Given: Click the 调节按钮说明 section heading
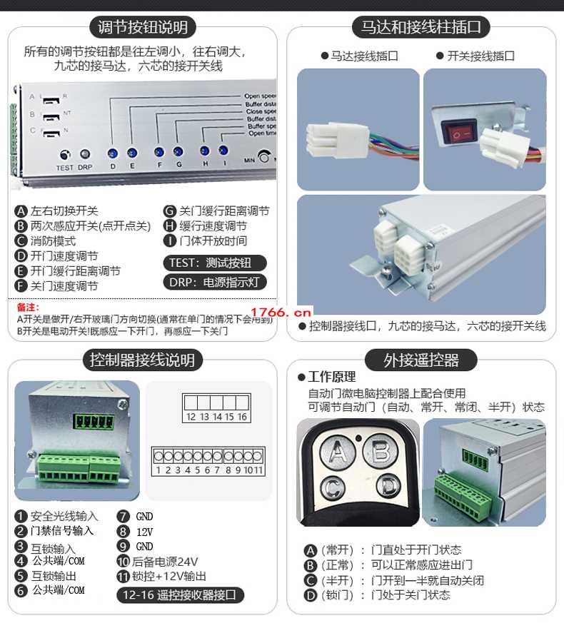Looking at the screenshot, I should tap(143, 28).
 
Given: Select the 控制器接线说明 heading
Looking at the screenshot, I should tap(143, 359).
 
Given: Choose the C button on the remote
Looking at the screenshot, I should tap(331, 487).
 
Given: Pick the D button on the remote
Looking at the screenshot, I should tap(388, 487).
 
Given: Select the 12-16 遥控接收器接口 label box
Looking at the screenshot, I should tap(180, 594).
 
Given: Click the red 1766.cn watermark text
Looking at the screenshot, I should tap(281, 312).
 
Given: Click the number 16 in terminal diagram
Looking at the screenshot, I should tap(242, 417).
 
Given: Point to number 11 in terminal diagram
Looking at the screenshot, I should tap(258, 470).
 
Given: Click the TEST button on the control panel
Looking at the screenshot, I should tap(65, 154).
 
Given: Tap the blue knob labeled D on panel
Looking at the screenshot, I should tap(112, 153).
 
